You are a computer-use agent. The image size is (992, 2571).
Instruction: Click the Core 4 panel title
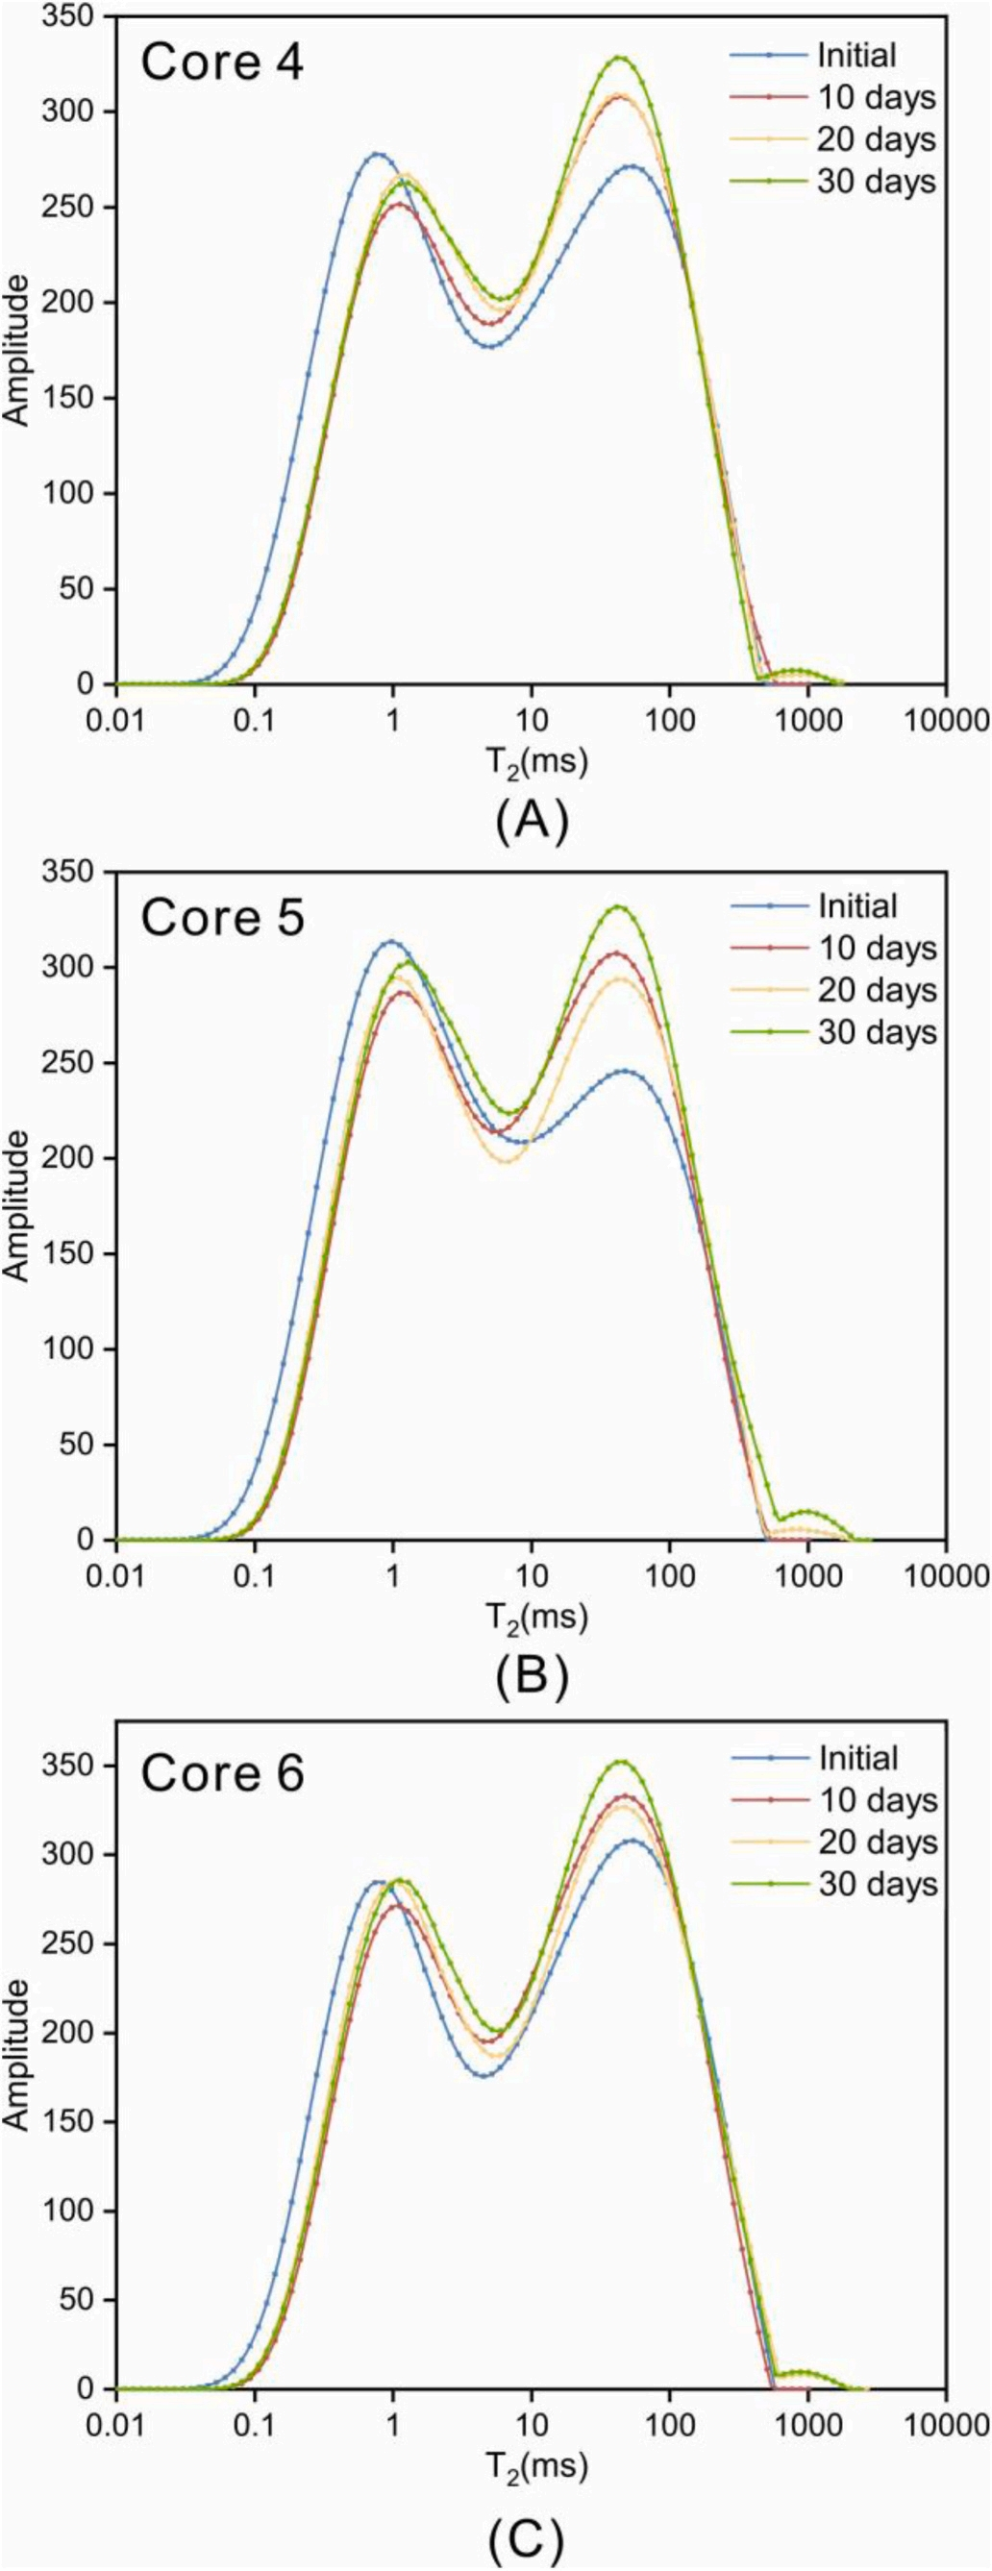pyautogui.click(x=221, y=62)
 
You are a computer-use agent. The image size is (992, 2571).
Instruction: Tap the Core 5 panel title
pyautogui.click(x=221, y=918)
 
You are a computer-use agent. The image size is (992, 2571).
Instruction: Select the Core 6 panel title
pyautogui.click(x=221, y=1773)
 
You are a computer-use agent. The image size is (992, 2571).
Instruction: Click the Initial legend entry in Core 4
pyautogui.click(x=856, y=55)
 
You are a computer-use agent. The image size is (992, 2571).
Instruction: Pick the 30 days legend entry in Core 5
pyautogui.click(x=878, y=1031)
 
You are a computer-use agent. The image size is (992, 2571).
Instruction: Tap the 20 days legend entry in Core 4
pyautogui.click(x=878, y=139)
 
